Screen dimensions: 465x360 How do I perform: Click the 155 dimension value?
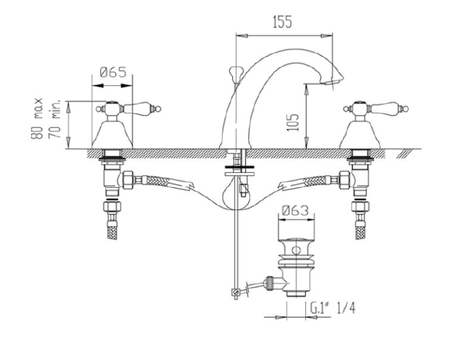tap(282, 22)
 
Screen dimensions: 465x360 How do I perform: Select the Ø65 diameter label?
tap(113, 72)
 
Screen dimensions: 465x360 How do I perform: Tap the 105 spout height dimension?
tap(293, 122)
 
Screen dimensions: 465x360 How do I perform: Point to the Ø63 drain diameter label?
tap(295, 211)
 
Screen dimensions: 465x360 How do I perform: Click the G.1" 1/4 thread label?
tap(332, 308)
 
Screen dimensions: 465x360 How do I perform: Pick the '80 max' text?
tap(38, 119)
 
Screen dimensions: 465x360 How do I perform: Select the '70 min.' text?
tap(55, 119)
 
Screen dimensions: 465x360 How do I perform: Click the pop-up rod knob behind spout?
tap(236, 71)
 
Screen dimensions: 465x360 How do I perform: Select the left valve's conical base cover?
tap(112, 135)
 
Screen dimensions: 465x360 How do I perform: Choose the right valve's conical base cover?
tap(360, 135)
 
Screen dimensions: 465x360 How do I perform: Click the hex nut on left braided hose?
tap(128, 180)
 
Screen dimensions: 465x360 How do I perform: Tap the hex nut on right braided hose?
tap(344, 180)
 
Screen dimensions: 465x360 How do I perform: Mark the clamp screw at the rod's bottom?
tap(236, 292)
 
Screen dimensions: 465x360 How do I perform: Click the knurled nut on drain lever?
tap(270, 283)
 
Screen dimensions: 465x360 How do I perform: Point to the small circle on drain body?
tap(296, 250)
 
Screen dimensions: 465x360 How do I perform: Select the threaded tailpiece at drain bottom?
tap(296, 293)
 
